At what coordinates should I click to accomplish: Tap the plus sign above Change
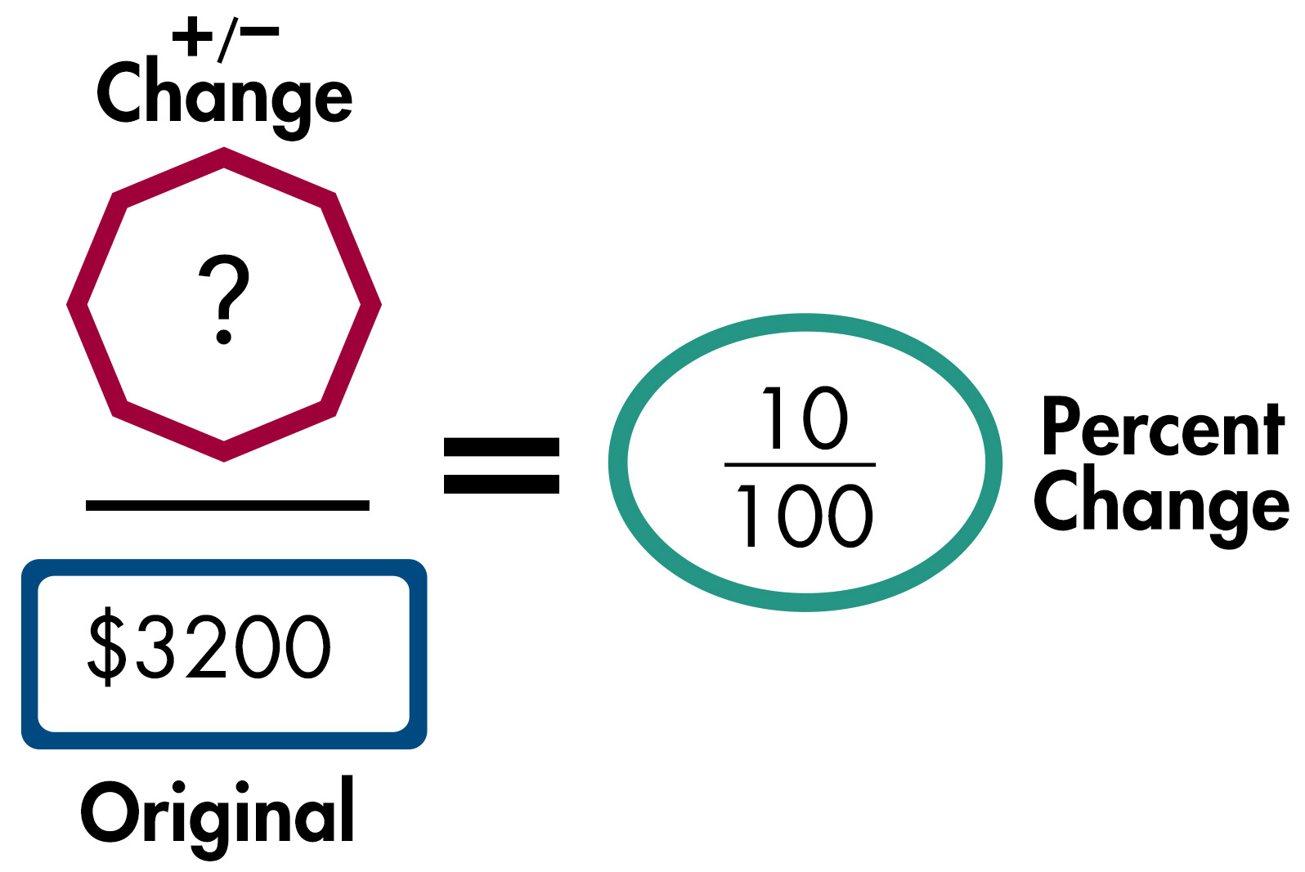(x=192, y=37)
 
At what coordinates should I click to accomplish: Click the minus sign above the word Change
(x=260, y=32)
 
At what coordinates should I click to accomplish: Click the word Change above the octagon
(x=225, y=96)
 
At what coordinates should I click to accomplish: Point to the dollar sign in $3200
(x=107, y=646)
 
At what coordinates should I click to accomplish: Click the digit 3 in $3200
(x=155, y=646)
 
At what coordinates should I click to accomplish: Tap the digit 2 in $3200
(x=206, y=646)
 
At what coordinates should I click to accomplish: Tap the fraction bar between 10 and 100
(x=800, y=465)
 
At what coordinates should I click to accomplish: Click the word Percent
(x=1162, y=428)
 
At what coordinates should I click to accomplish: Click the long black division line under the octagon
(x=227, y=506)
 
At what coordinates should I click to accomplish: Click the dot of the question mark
(x=223, y=336)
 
